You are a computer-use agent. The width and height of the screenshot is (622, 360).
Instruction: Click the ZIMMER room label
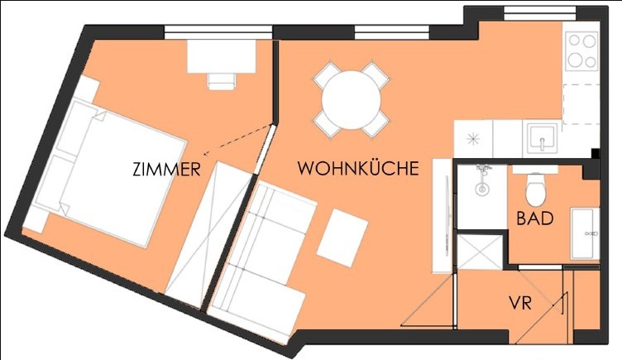[166, 169]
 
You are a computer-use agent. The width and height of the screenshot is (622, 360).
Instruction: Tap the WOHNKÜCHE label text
[358, 168]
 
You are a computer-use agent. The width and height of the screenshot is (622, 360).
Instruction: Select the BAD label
[534, 218]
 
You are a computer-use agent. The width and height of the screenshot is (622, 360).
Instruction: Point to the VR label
[520, 304]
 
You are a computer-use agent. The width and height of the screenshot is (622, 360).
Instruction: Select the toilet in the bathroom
[535, 190]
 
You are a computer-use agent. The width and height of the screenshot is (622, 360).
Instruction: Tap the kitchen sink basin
[543, 137]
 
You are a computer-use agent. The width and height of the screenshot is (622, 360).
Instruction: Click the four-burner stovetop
[582, 51]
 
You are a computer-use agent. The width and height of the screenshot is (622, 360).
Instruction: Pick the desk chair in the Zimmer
[222, 81]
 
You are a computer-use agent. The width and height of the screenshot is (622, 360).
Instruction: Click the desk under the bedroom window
[222, 56]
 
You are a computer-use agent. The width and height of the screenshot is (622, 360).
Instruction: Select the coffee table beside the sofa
[342, 238]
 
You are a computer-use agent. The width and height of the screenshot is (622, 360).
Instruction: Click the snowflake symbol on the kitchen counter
[473, 139]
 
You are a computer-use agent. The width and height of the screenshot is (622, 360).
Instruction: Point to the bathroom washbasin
[584, 233]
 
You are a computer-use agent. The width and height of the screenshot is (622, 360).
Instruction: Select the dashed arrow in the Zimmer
[237, 140]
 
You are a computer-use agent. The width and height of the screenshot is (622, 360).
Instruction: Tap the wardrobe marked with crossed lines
[208, 234]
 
